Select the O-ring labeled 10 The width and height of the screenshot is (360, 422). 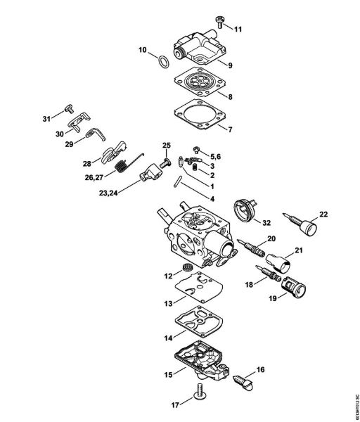click(x=162, y=60)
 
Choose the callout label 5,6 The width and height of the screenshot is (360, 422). click(x=218, y=155)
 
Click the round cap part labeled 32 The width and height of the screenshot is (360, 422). click(x=245, y=211)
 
